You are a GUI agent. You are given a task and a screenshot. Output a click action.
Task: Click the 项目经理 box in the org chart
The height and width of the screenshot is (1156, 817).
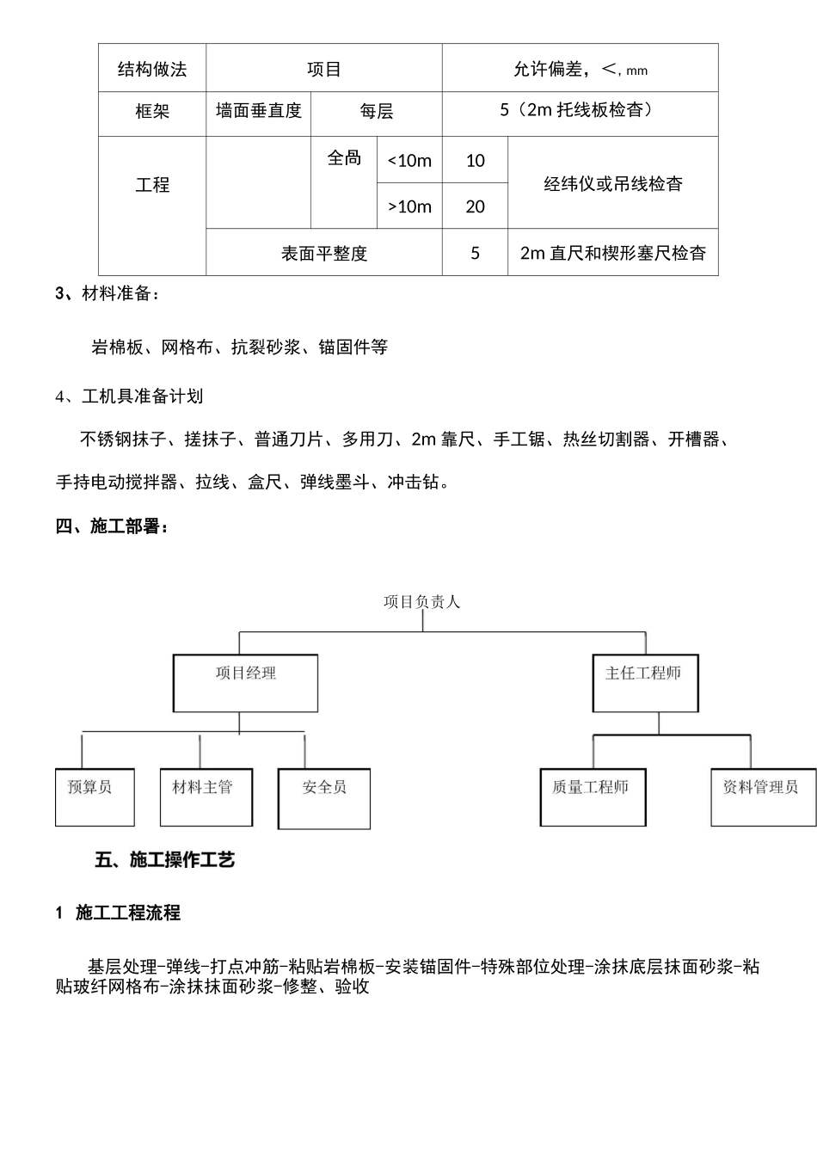[246, 683]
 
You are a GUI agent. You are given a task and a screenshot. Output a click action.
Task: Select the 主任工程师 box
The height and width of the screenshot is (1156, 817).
[645, 683]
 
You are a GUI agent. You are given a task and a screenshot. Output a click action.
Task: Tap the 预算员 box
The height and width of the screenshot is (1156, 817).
[95, 797]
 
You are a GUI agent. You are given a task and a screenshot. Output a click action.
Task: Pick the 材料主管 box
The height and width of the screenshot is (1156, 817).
[206, 797]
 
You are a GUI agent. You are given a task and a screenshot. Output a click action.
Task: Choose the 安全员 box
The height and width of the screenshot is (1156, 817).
[324, 798]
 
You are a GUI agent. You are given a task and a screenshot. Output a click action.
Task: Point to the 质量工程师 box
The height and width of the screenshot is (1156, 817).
[593, 797]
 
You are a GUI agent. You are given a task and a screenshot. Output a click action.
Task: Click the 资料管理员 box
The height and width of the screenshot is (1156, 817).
[763, 797]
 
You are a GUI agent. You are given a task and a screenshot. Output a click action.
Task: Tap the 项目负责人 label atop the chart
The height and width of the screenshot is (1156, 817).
[422, 602]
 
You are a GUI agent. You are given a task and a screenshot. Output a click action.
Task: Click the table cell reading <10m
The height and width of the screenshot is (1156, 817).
[409, 161]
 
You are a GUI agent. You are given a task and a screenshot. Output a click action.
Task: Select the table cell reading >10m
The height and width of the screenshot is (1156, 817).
[409, 206]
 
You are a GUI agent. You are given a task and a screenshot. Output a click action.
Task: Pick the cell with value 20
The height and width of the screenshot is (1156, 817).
[475, 206]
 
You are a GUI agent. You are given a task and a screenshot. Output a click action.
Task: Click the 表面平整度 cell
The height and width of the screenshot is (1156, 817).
[324, 254]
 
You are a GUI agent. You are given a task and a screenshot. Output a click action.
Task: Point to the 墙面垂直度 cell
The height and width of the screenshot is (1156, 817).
[258, 111]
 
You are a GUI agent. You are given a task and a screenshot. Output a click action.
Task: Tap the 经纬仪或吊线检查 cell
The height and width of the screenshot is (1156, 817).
[613, 183]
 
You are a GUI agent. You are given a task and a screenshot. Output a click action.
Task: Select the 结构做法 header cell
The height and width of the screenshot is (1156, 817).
[152, 70]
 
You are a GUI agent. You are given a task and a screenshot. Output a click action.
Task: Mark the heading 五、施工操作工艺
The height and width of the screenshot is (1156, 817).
[164, 859]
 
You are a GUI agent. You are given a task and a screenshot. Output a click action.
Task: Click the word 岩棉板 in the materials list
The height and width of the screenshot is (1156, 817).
[117, 347]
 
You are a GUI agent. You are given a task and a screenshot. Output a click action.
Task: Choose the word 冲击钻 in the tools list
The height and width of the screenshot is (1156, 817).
[416, 483]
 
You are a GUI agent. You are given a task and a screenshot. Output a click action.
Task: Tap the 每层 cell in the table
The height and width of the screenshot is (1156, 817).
[377, 112]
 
